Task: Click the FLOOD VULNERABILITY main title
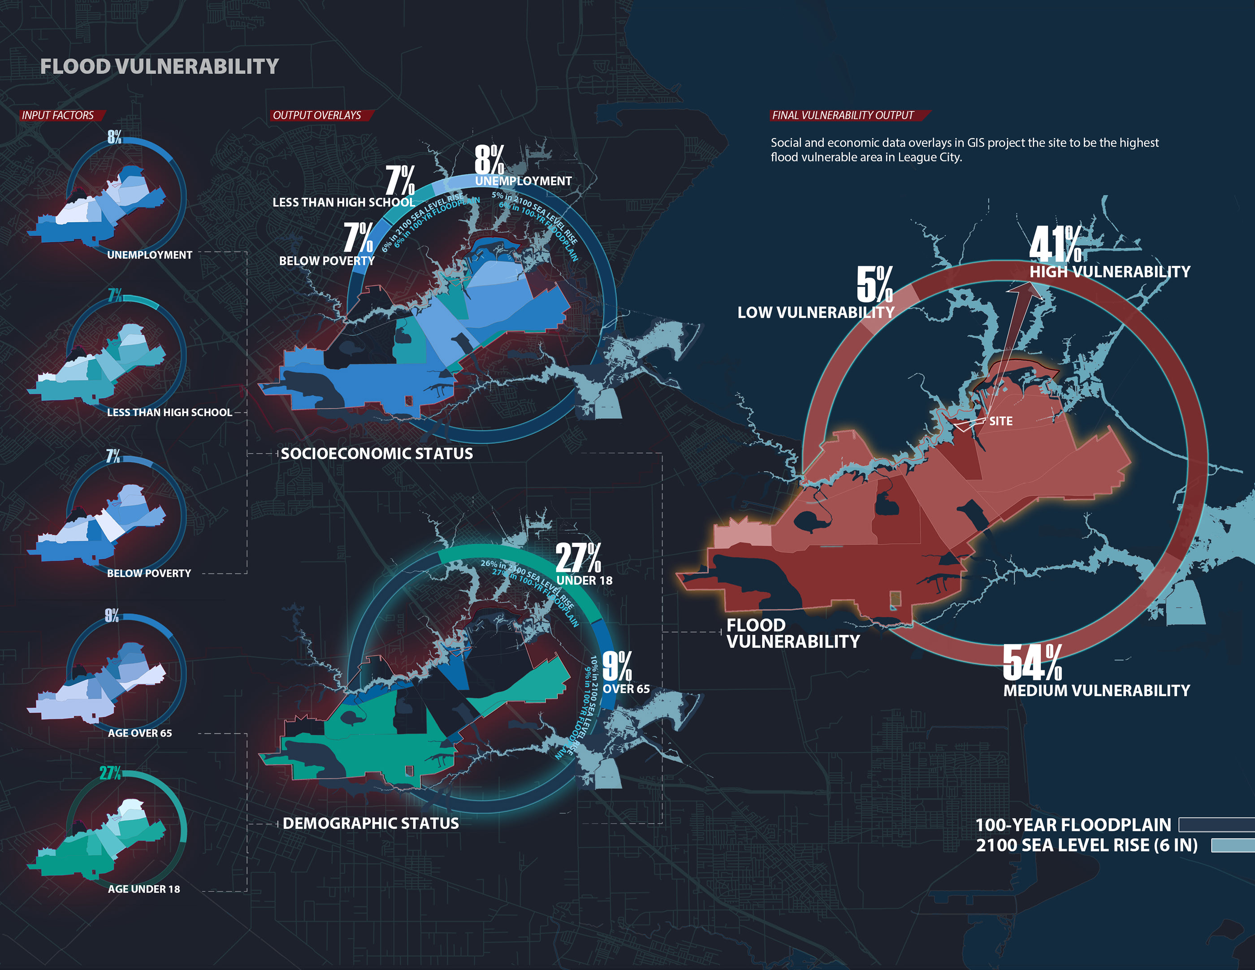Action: click(159, 67)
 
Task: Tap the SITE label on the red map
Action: click(1000, 421)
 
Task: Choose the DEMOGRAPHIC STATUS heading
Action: click(371, 823)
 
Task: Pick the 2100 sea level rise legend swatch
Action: click(1232, 845)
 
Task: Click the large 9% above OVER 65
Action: click(617, 666)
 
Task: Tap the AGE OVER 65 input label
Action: click(140, 733)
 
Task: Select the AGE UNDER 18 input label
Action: click(144, 889)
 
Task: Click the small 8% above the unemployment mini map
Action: click(114, 137)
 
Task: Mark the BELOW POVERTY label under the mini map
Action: click(149, 573)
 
